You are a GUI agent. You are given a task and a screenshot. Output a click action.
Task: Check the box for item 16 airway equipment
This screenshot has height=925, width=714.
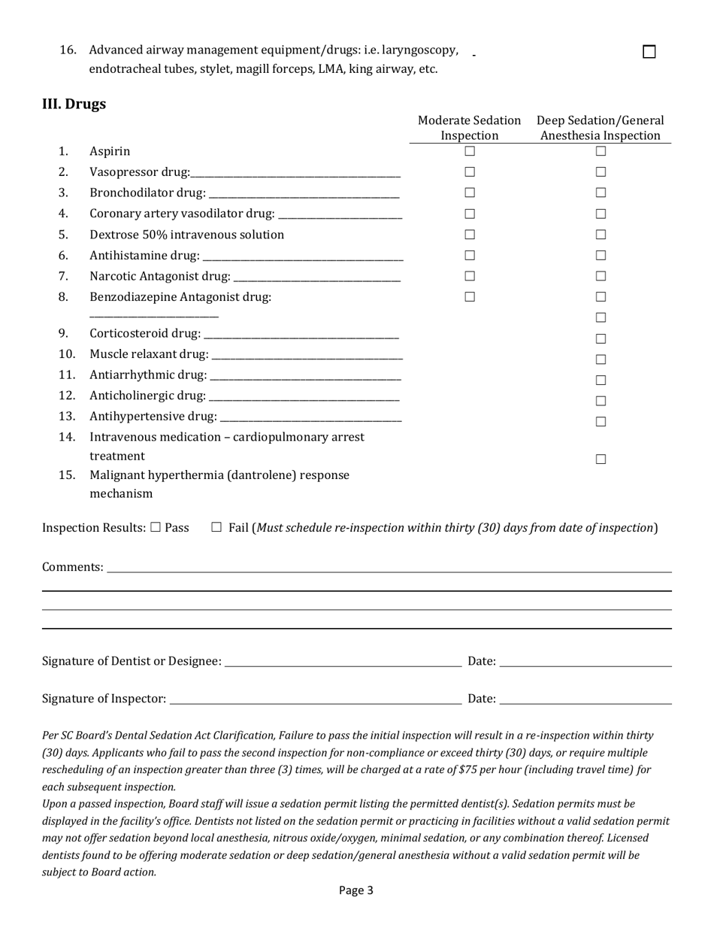(x=649, y=52)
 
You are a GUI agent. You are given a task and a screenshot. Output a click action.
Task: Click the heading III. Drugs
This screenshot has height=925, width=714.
(x=74, y=104)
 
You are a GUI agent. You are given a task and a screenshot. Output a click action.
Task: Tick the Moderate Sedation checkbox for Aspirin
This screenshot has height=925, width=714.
(x=470, y=151)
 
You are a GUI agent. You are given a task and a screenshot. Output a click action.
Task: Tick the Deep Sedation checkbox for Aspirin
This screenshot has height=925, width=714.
(x=601, y=151)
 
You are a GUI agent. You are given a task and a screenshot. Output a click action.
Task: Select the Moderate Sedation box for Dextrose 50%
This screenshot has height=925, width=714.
(x=470, y=235)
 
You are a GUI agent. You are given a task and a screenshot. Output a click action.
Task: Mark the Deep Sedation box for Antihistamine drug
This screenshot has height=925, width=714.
(x=601, y=256)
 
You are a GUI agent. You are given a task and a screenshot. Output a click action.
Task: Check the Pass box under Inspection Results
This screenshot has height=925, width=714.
(x=156, y=528)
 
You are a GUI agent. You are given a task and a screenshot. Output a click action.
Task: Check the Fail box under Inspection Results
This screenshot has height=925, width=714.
(x=216, y=528)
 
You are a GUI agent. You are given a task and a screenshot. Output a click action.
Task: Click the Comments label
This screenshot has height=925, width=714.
(x=72, y=567)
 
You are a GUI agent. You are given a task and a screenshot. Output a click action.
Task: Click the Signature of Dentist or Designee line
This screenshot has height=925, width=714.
(x=343, y=662)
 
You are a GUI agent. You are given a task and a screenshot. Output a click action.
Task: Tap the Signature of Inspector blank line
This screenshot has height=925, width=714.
(x=315, y=699)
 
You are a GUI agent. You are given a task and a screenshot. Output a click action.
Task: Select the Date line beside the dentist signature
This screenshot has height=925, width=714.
(x=585, y=662)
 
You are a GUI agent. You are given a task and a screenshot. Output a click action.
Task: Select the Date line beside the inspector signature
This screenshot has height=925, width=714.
(x=585, y=699)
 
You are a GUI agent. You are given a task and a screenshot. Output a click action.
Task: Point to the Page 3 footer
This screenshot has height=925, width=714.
(x=356, y=890)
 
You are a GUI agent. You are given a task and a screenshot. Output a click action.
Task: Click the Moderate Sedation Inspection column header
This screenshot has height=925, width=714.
(x=469, y=128)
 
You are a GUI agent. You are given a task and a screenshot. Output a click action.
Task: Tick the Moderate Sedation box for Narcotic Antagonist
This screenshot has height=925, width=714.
(x=470, y=276)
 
